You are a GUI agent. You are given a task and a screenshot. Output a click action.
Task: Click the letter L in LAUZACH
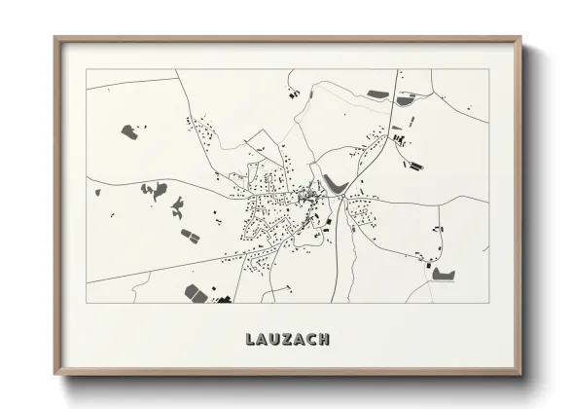tap(243, 339)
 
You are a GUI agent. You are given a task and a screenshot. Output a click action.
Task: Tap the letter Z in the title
tap(281, 339)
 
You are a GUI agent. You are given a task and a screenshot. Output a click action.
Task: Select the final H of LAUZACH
tap(324, 339)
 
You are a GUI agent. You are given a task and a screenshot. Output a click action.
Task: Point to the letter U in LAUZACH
tap(268, 339)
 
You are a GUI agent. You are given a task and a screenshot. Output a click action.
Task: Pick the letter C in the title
tap(309, 339)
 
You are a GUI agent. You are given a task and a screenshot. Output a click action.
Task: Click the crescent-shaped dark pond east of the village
tap(336, 182)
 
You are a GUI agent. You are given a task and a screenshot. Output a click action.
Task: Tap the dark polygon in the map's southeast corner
tap(444, 274)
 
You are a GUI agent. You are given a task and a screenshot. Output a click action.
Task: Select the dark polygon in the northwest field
tap(127, 130)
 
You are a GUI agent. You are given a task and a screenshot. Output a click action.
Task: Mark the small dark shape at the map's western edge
tap(97, 192)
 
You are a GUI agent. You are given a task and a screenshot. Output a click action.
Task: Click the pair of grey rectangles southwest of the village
tap(189, 235)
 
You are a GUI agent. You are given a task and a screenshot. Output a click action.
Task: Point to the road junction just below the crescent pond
tap(342, 198)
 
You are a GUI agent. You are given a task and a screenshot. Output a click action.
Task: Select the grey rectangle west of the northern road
tap(377, 94)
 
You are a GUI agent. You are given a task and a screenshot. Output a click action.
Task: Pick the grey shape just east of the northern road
tap(406, 99)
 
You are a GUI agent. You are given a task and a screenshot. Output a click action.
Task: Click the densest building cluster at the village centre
tap(309, 197)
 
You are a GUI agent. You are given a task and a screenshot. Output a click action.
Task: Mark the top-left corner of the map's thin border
tap(87, 69)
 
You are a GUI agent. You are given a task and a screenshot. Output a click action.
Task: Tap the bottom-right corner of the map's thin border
tap(488, 303)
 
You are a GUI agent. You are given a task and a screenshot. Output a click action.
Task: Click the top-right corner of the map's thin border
tap(488, 69)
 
